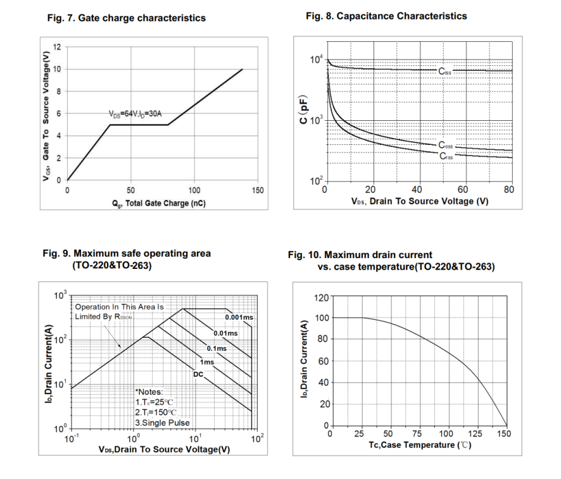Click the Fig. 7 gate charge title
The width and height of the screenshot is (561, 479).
click(127, 18)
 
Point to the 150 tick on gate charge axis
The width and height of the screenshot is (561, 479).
click(258, 190)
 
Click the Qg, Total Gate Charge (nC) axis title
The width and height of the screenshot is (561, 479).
click(156, 203)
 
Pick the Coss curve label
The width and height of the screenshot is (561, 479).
click(446, 146)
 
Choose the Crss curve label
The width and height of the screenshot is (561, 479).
click(446, 155)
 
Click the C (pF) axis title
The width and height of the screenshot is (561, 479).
click(305, 111)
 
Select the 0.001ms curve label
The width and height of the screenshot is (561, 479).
click(239, 317)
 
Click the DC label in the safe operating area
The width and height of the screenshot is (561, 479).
click(198, 375)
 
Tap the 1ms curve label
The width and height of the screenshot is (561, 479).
click(207, 361)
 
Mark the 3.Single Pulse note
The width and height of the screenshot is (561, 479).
click(163, 423)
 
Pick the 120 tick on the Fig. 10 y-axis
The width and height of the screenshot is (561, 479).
click(322, 297)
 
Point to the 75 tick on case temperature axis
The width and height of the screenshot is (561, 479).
click(417, 434)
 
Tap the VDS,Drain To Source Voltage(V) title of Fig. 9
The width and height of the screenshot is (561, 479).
click(164, 449)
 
